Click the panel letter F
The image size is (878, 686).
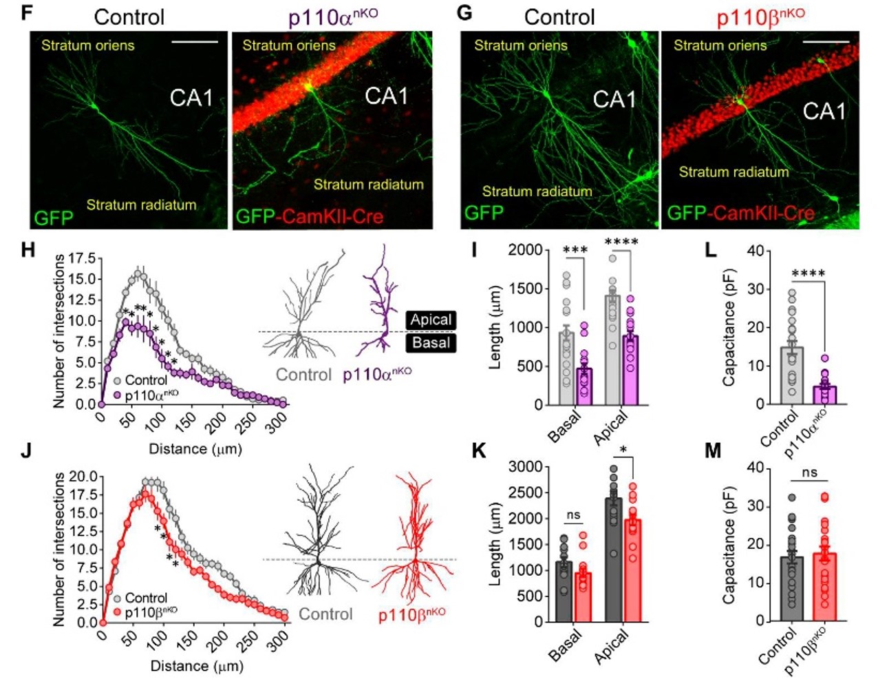pyautogui.click(x=27, y=12)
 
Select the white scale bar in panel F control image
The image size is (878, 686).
pyautogui.click(x=194, y=43)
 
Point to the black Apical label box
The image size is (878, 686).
pyautogui.click(x=431, y=320)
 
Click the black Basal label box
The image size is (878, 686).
pyautogui.click(x=431, y=342)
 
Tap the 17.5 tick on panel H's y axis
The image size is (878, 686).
pyautogui.click(x=82, y=258)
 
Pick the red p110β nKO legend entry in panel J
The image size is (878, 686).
pyautogui.click(x=146, y=612)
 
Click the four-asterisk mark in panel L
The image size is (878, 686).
pyautogui.click(x=809, y=273)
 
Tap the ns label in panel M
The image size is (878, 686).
pyautogui.click(x=810, y=472)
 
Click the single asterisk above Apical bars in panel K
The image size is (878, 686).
pyautogui.click(x=623, y=450)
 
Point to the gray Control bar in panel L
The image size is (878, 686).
pyautogui.click(x=791, y=375)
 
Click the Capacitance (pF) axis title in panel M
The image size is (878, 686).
pyautogui.click(x=729, y=544)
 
